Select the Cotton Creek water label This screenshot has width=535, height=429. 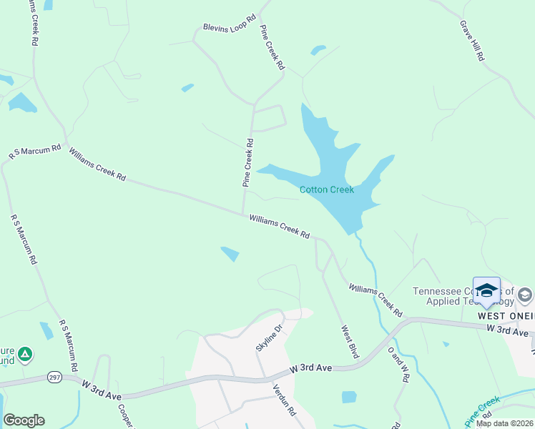[x=327, y=189]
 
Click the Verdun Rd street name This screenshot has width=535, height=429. [x=283, y=400]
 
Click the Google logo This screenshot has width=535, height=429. [x=24, y=420]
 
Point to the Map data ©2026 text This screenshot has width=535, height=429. [x=504, y=423]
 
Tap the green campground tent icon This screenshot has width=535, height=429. [x=25, y=353]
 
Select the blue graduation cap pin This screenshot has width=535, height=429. [x=487, y=291]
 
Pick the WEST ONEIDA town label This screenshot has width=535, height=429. [x=506, y=315]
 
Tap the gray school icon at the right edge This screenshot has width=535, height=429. [x=525, y=295]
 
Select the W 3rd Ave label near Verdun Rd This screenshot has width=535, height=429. [x=311, y=368]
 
